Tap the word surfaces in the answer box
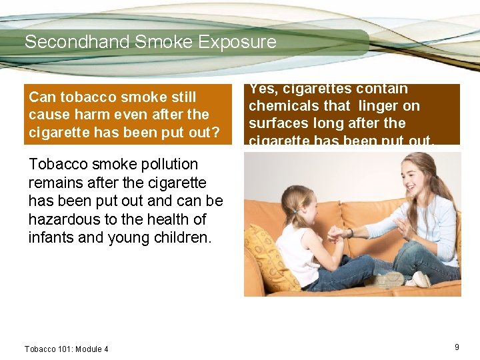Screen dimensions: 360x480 coord(277,123)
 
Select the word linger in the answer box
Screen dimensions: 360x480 coord(382,105)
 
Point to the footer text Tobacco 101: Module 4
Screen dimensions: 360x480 coord(66,349)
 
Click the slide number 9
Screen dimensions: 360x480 coord(457,347)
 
